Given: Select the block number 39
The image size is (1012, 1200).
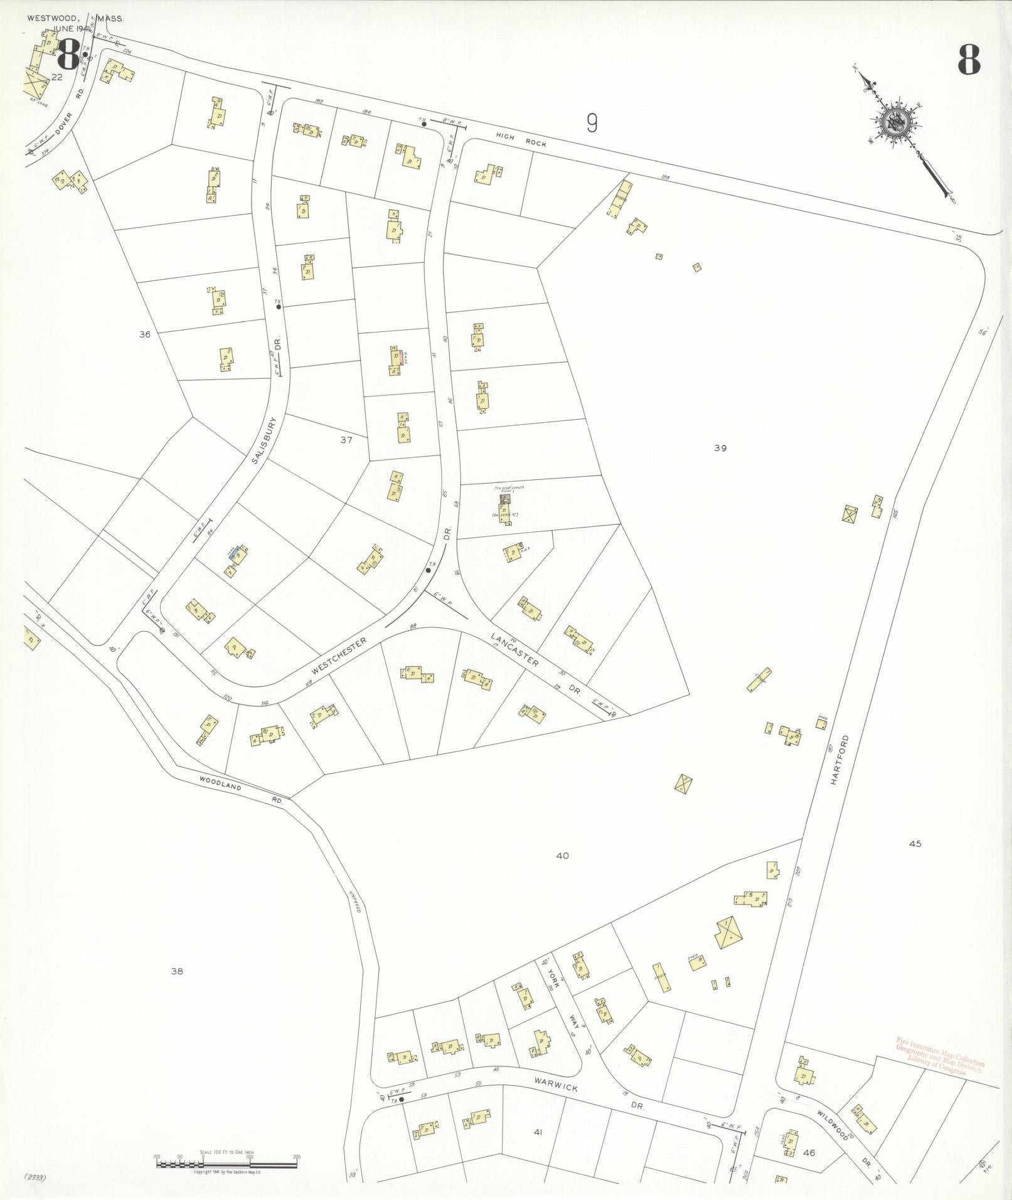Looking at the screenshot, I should pyautogui.click(x=720, y=448).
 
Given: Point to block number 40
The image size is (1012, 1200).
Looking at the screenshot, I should pyautogui.click(x=562, y=856).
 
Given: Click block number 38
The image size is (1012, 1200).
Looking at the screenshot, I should pyautogui.click(x=177, y=971).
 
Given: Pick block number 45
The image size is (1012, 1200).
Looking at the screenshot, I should pyautogui.click(x=915, y=844).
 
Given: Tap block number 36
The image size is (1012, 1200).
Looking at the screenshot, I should pyautogui.click(x=145, y=334).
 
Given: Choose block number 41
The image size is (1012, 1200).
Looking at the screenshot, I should pyautogui.click(x=537, y=1132).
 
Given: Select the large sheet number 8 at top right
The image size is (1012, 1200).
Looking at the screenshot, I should pyautogui.click(x=969, y=61).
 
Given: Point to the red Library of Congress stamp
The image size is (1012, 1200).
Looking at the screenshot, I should pyautogui.click(x=940, y=1056).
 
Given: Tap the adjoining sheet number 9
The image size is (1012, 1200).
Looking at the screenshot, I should pyautogui.click(x=591, y=122).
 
